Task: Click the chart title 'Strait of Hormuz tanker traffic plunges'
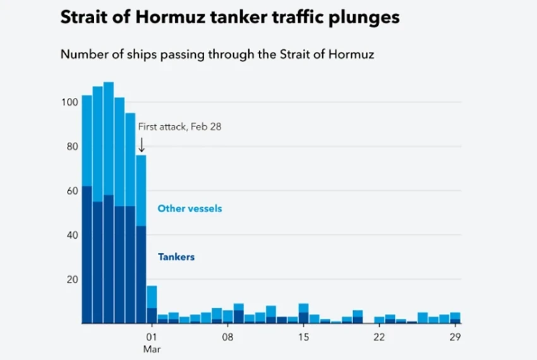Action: [x=230, y=17]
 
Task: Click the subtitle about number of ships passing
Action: [x=217, y=54]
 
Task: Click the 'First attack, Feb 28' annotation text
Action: [x=180, y=126]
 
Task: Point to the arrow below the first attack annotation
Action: [x=142, y=145]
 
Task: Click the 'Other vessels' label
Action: [x=190, y=208]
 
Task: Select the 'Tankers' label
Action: [x=176, y=257]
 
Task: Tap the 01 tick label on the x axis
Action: [x=152, y=337]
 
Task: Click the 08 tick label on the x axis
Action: [x=227, y=337]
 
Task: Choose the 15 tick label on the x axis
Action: [x=303, y=337]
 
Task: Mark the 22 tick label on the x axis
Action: [x=379, y=337]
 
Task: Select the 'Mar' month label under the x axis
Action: [x=152, y=349]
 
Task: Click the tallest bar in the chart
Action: [x=109, y=202]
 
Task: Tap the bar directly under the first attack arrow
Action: [x=142, y=240]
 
